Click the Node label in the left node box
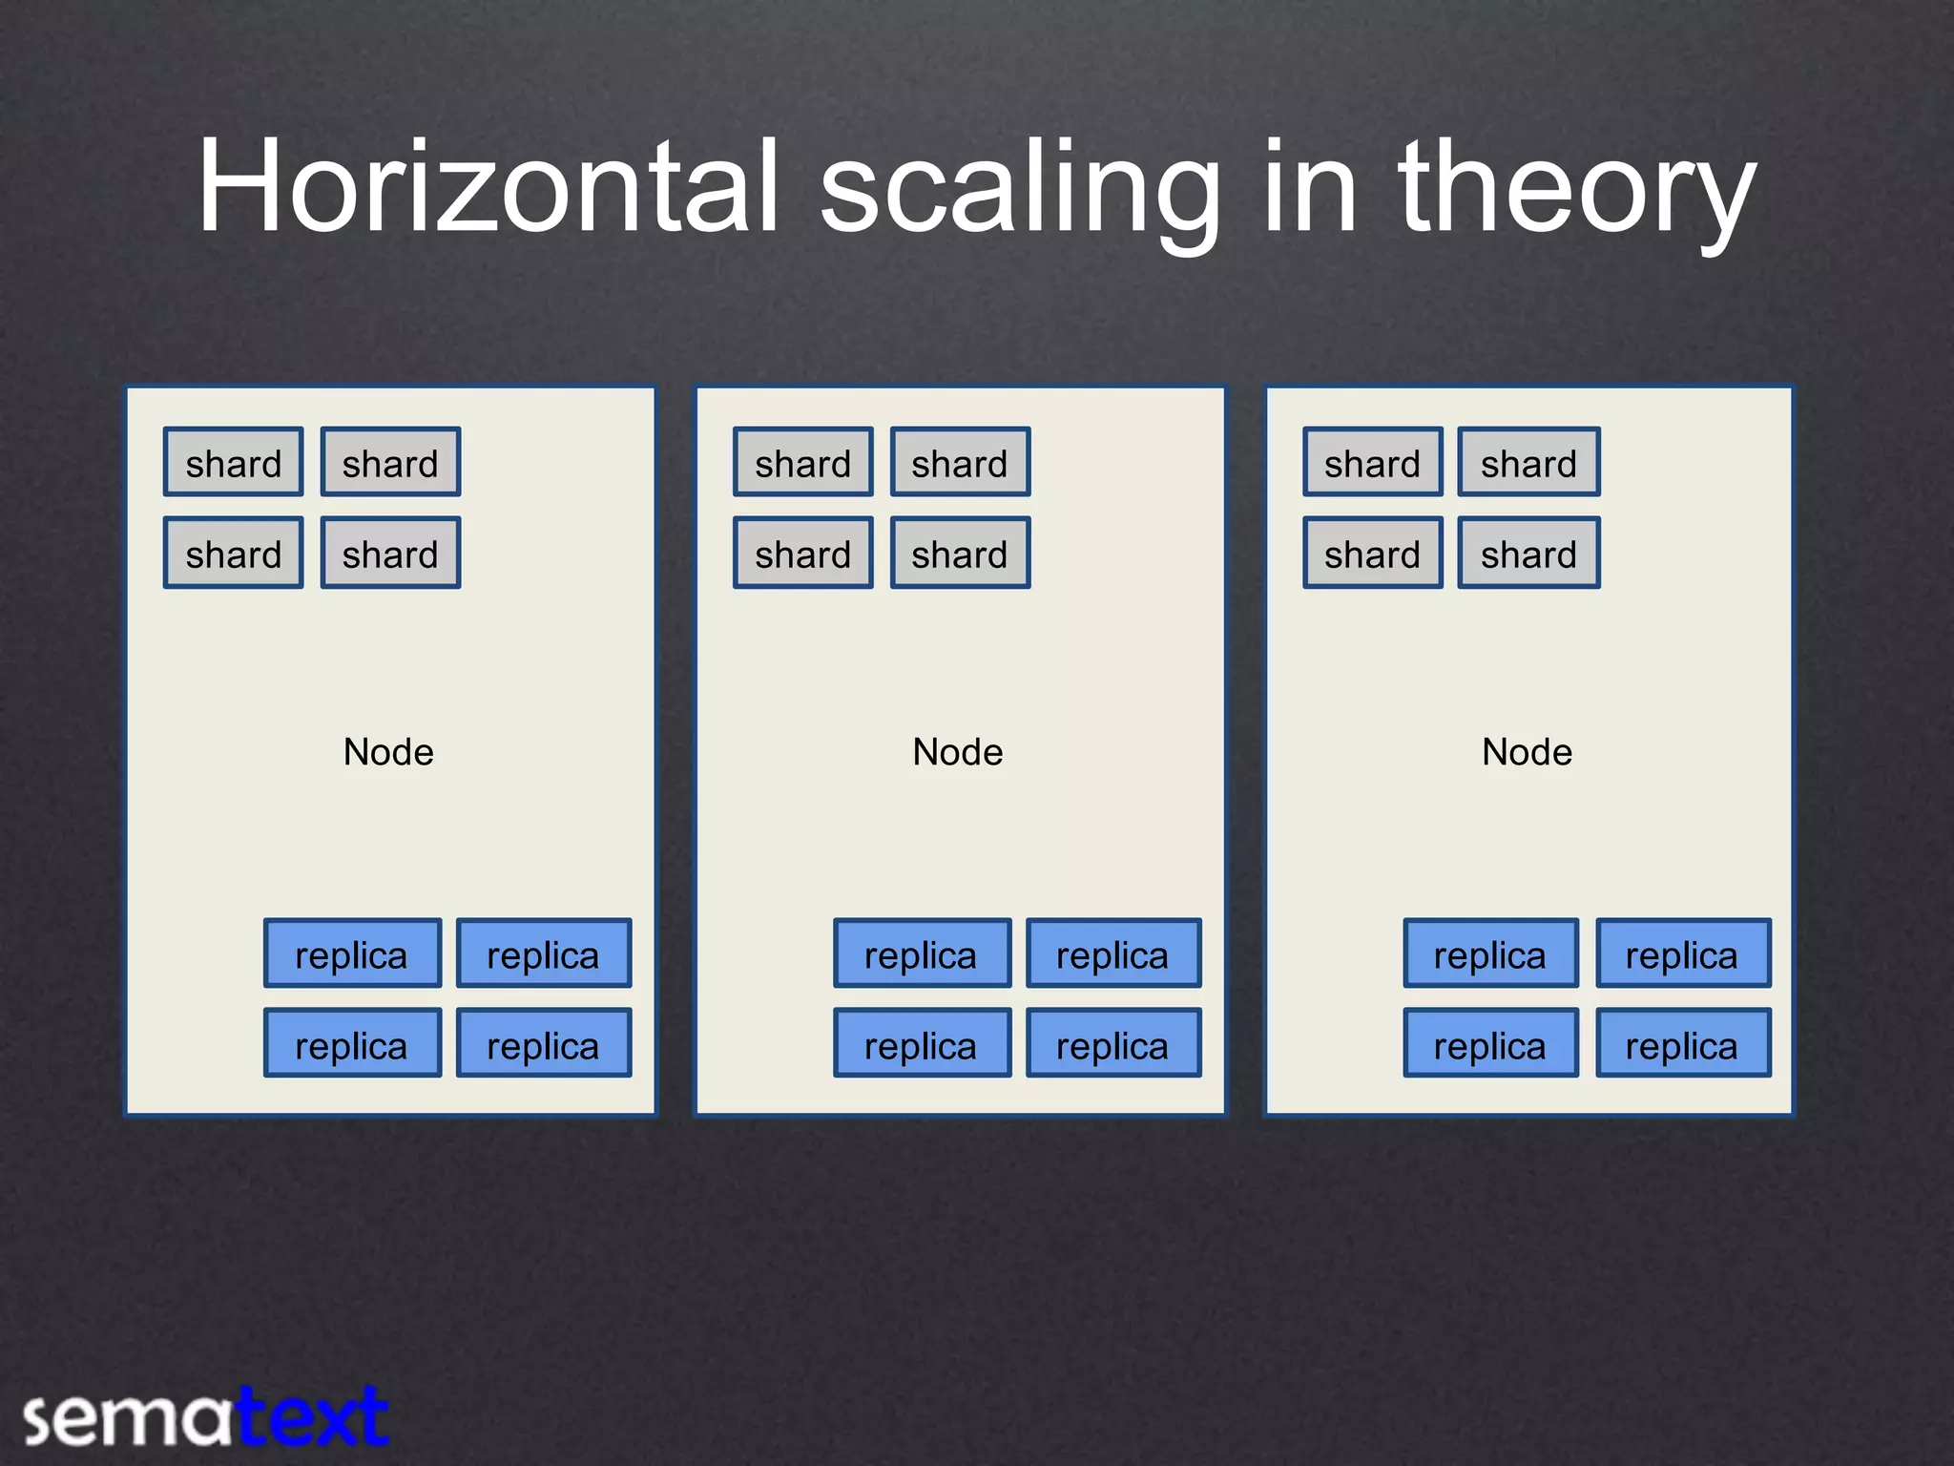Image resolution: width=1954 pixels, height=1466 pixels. pyautogui.click(x=388, y=752)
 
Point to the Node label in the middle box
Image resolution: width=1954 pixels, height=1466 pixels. pyautogui.click(x=958, y=752)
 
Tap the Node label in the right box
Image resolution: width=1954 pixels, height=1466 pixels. pyautogui.click(x=1527, y=752)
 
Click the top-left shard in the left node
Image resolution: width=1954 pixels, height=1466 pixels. pyautogui.click(x=234, y=463)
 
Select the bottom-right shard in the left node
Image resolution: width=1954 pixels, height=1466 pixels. pyautogui.click(x=390, y=554)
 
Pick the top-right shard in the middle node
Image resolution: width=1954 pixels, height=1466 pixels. pyautogui.click(x=960, y=463)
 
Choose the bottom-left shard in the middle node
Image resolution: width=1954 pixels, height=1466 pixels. pyautogui.click(x=803, y=554)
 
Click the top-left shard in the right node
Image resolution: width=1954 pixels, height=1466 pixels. pyautogui.click(x=1373, y=463)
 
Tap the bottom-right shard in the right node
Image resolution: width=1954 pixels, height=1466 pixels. pyautogui.click(x=1528, y=554)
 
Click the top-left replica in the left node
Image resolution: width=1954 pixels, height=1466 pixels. pyautogui.click(x=352, y=953)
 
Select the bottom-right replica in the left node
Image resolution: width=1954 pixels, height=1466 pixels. pyautogui.click(x=544, y=1044)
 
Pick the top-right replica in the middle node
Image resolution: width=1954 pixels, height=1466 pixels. pyautogui.click(x=1113, y=953)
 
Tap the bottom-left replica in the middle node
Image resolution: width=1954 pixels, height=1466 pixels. pyautogui.click(x=922, y=1044)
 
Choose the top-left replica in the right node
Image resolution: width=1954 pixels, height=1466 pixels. pyautogui.click(x=1490, y=953)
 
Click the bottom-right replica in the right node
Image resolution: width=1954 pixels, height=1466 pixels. pyautogui.click(x=1683, y=1044)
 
